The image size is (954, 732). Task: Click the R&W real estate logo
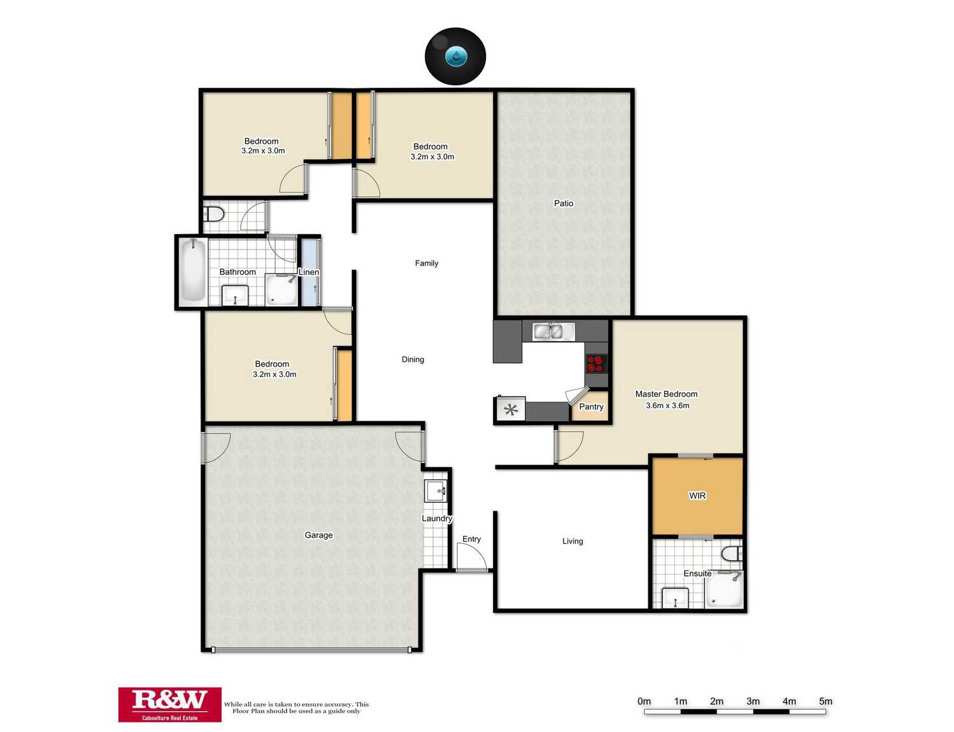click(169, 704)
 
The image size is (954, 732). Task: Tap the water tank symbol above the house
click(455, 57)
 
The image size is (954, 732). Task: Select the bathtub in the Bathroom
click(192, 270)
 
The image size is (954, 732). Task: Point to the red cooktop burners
click(596, 363)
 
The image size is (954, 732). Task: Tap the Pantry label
click(591, 407)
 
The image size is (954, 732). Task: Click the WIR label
click(697, 495)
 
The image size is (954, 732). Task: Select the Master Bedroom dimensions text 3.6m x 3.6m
click(667, 405)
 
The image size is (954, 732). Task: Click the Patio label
click(564, 203)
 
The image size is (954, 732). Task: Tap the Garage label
click(318, 535)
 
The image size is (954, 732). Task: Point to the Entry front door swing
click(472, 558)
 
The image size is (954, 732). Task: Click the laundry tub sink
click(436, 491)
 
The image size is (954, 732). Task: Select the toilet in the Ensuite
click(732, 552)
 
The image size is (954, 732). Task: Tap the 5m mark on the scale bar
click(825, 701)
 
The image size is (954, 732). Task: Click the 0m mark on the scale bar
click(644, 701)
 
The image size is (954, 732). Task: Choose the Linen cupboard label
click(309, 272)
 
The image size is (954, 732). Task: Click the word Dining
click(413, 360)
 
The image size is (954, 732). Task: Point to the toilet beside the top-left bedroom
click(214, 214)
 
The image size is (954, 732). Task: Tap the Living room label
click(573, 541)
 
